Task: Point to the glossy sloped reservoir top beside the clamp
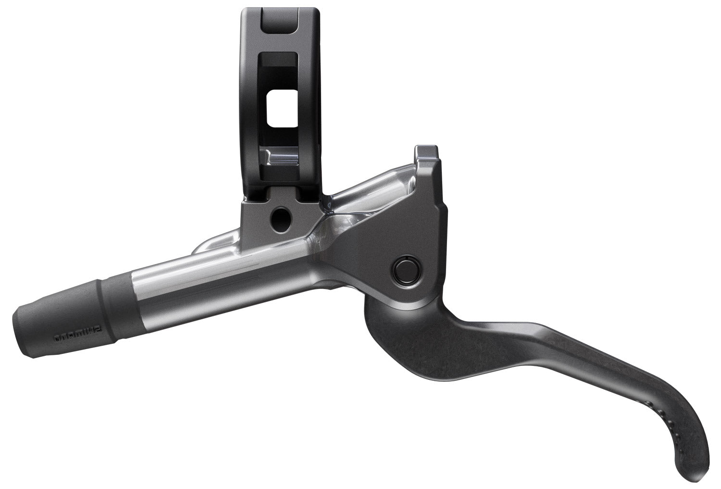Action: [x=370, y=188]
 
